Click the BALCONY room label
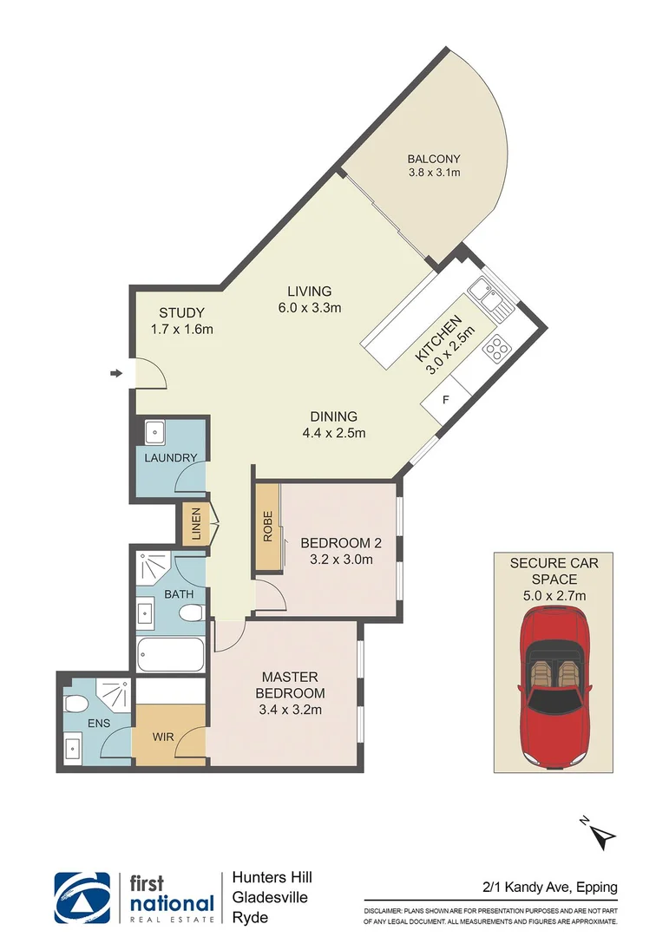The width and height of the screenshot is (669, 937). click(434, 159)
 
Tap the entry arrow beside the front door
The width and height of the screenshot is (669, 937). click(116, 374)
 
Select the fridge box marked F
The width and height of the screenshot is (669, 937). click(446, 401)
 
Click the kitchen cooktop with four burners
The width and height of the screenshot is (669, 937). click(496, 348)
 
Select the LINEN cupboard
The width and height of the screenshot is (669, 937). click(195, 524)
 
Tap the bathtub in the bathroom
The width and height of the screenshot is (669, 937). click(171, 653)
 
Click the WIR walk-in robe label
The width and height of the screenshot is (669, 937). click(163, 737)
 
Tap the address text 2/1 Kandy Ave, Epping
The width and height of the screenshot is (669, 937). click(550, 887)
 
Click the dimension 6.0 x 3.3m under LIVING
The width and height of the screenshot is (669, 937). click(310, 307)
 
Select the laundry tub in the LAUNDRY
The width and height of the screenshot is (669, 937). click(156, 431)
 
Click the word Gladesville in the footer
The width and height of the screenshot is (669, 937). click(270, 898)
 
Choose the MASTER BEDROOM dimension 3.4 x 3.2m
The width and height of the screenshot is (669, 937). click(290, 710)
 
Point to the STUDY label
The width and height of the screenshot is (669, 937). click(181, 313)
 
